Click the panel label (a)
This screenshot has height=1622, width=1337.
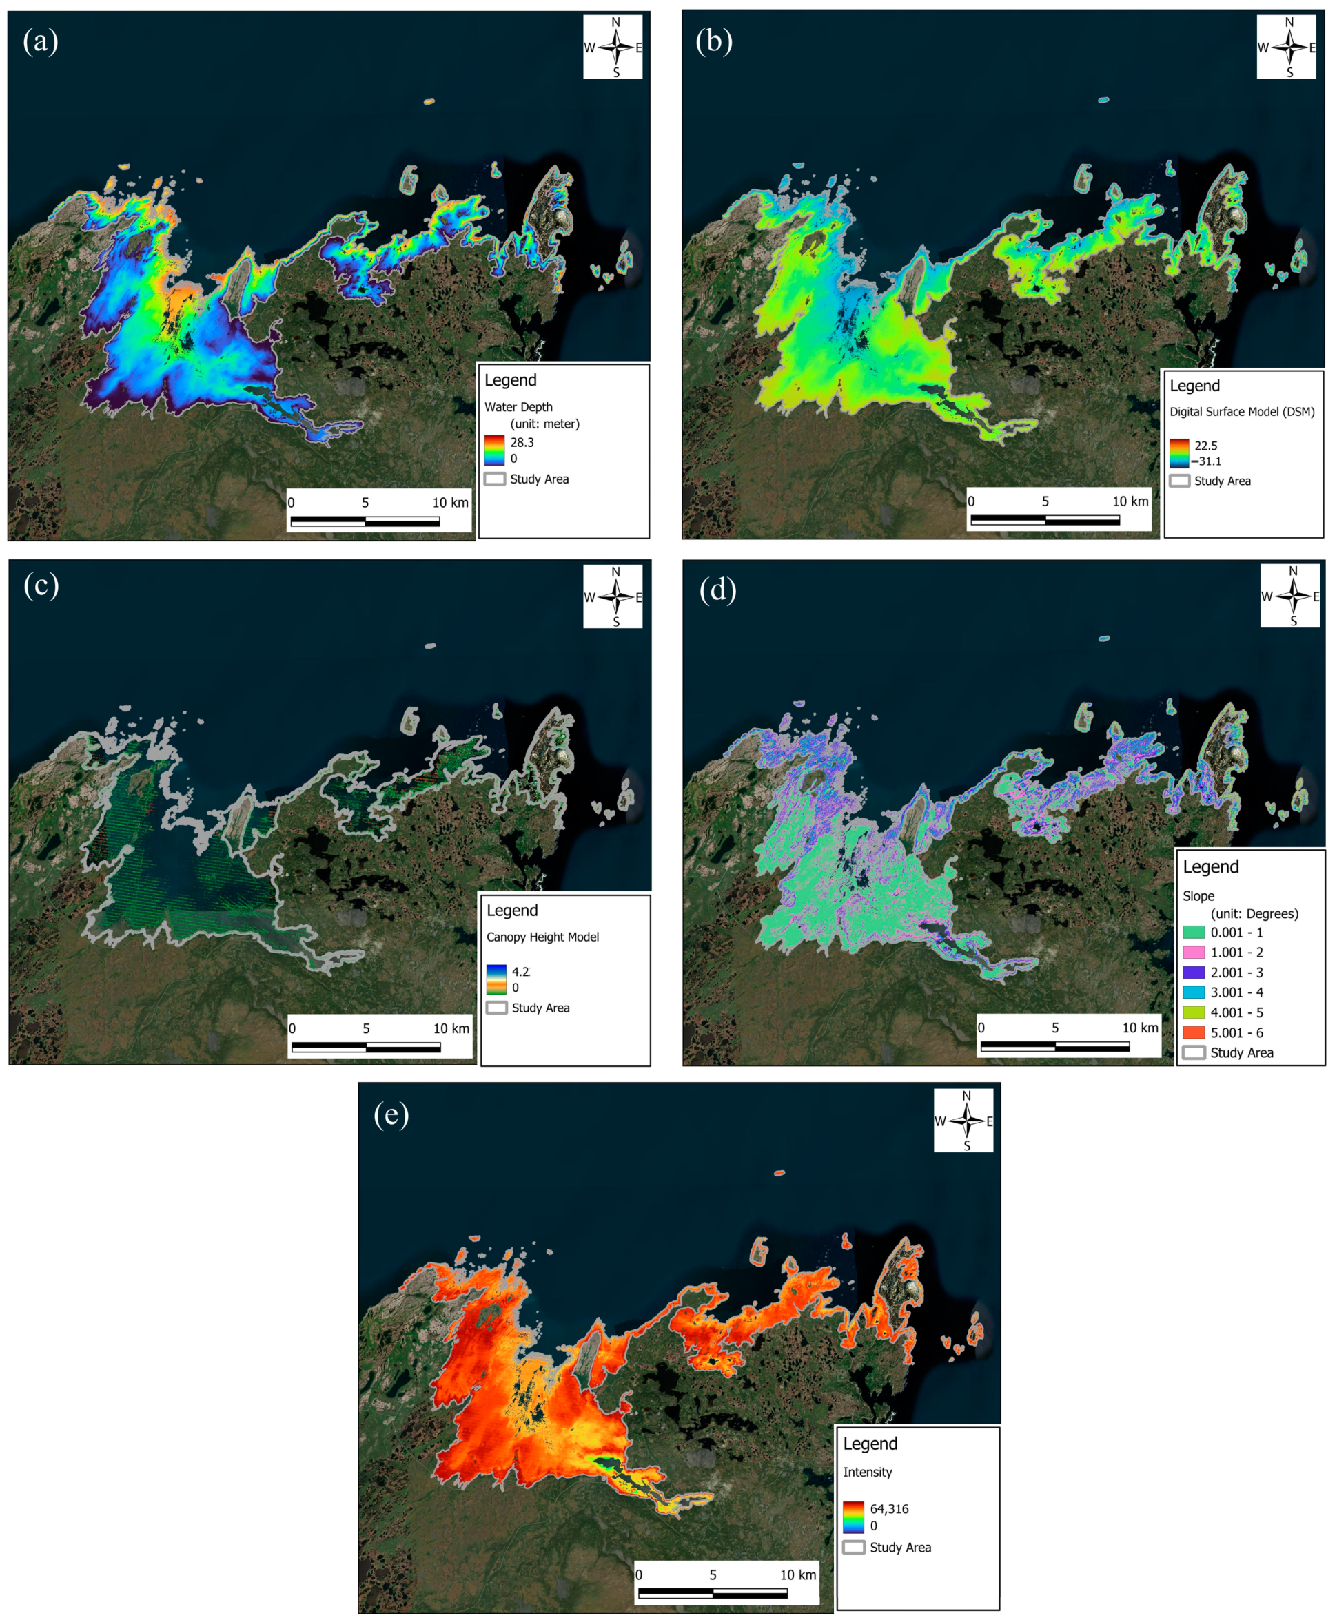(40, 41)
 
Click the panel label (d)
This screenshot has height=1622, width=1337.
(717, 590)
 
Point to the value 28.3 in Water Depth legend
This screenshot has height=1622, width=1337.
(522, 443)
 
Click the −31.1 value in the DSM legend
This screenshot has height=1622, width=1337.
(1208, 462)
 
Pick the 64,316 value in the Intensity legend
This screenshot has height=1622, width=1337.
(889, 1509)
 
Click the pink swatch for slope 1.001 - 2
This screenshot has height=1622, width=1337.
(1193, 953)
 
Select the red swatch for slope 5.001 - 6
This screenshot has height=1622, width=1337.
(1193, 1032)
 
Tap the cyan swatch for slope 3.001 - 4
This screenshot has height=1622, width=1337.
(1193, 992)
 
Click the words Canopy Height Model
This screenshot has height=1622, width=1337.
(542, 937)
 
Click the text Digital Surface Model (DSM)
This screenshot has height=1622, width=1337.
(1241, 412)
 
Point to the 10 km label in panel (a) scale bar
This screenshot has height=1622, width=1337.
(450, 503)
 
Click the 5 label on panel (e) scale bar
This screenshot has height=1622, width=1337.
(713, 1574)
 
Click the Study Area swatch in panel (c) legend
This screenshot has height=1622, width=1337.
(496, 1008)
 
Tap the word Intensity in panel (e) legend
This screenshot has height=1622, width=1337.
(867, 1472)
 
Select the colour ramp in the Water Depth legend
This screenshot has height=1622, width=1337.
(493, 450)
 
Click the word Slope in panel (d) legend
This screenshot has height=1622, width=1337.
(1198, 896)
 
